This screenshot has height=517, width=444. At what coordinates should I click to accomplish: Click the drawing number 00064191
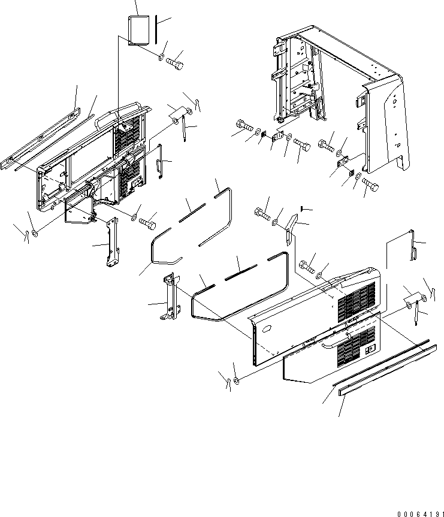coord(420,513)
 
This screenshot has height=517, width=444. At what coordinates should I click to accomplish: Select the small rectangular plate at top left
coord(138,30)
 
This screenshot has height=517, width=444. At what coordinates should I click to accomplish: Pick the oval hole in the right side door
coord(267,329)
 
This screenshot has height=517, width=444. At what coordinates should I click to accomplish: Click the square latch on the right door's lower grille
coord(371,348)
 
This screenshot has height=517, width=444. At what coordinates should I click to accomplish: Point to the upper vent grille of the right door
coord(357,302)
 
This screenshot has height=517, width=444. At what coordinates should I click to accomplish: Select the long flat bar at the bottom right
coord(388,370)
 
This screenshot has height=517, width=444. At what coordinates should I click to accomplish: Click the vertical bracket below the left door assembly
coord(111,241)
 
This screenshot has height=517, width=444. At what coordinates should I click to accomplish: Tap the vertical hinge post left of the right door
coord(171,297)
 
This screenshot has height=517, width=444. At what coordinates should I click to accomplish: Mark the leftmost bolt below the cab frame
coord(244,126)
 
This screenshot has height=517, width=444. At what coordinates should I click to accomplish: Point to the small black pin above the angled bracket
coord(302,208)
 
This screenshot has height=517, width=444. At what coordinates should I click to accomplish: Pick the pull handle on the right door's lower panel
coord(331,344)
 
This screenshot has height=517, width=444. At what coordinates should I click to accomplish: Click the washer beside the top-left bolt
coord(161,58)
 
